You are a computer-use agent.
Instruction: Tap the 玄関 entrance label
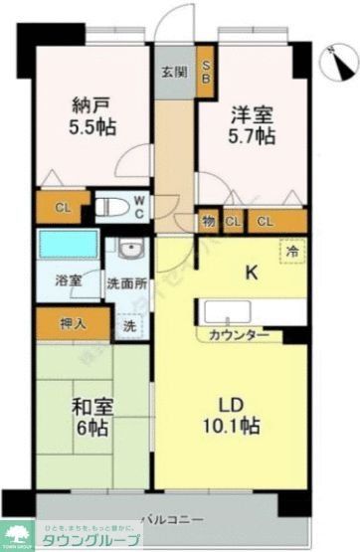click(x=172, y=72)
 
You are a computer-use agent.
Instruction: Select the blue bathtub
click(x=66, y=246)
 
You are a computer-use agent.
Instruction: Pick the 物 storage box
click(x=209, y=221)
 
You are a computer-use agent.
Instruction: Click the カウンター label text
click(x=239, y=334)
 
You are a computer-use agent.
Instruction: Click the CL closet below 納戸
click(x=62, y=207)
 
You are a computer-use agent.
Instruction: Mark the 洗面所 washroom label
click(x=126, y=281)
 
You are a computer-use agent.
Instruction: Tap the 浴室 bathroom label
click(x=68, y=281)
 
